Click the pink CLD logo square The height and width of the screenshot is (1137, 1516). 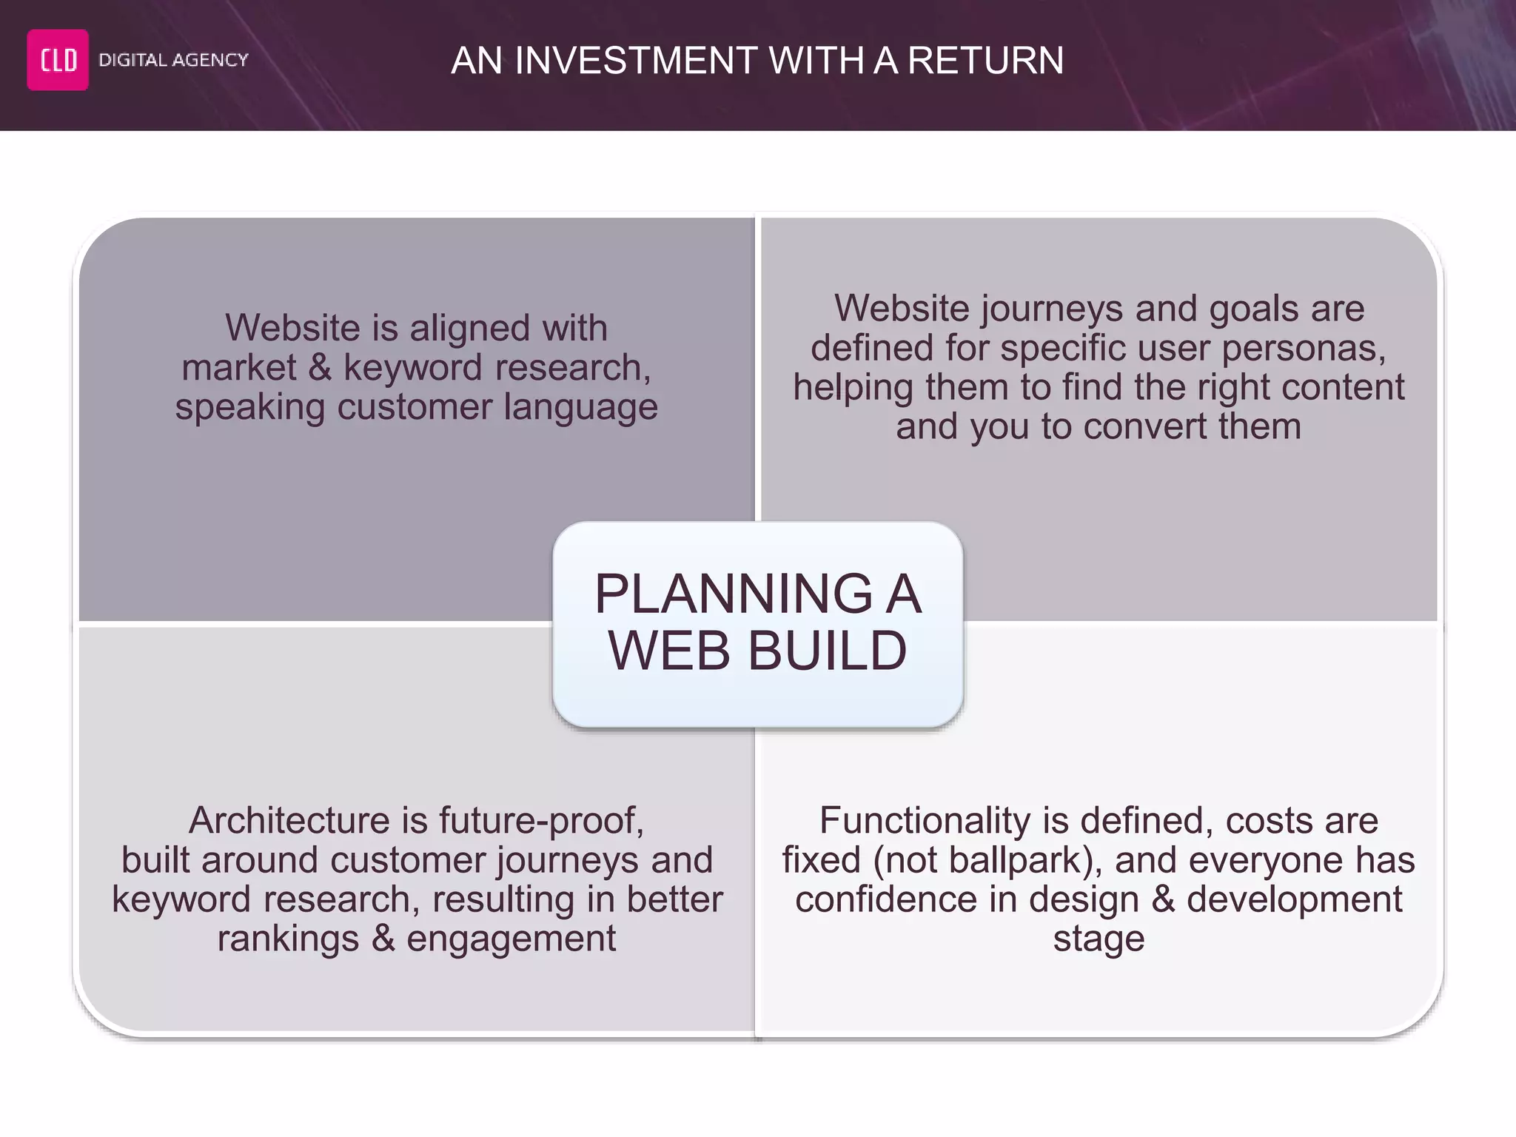58,60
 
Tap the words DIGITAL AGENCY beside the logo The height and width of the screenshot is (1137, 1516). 173,60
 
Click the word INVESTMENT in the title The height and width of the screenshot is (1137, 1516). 637,61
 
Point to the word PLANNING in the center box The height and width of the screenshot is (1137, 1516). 734,594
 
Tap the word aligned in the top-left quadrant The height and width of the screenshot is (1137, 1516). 470,328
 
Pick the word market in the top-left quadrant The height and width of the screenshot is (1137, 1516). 238,367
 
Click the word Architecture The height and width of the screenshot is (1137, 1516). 289,820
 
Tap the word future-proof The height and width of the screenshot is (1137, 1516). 541,820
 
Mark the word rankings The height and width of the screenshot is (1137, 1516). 288,939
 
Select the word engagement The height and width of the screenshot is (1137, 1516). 511,939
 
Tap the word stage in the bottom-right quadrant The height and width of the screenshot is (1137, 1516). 1099,939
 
